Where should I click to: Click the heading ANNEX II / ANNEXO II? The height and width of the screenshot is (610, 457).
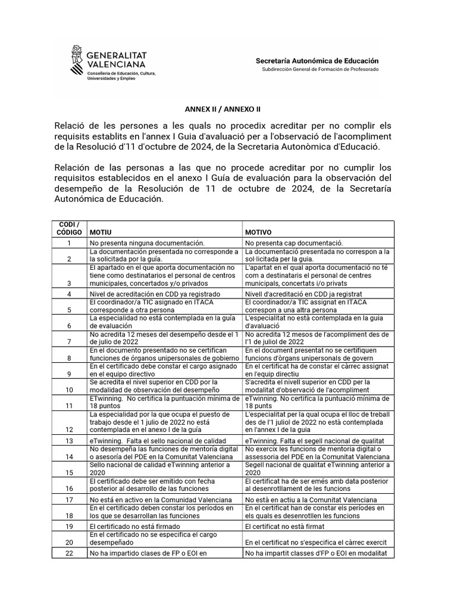(x=223, y=110)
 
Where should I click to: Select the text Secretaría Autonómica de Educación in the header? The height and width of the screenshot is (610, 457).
(x=317, y=61)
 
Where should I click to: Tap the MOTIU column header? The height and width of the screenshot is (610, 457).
(x=100, y=232)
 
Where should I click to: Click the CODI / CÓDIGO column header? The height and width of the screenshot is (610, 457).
(x=69, y=228)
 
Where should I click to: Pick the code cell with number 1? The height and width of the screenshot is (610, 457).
(x=69, y=243)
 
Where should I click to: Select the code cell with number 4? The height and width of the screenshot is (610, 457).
(x=69, y=294)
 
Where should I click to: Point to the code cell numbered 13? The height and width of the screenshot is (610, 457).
(x=69, y=440)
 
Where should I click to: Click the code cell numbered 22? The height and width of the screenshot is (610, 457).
(x=69, y=553)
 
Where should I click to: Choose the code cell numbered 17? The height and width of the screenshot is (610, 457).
(x=69, y=499)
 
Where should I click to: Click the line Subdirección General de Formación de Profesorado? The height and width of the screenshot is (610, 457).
(x=320, y=70)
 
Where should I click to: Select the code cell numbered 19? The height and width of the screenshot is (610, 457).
(x=69, y=527)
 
